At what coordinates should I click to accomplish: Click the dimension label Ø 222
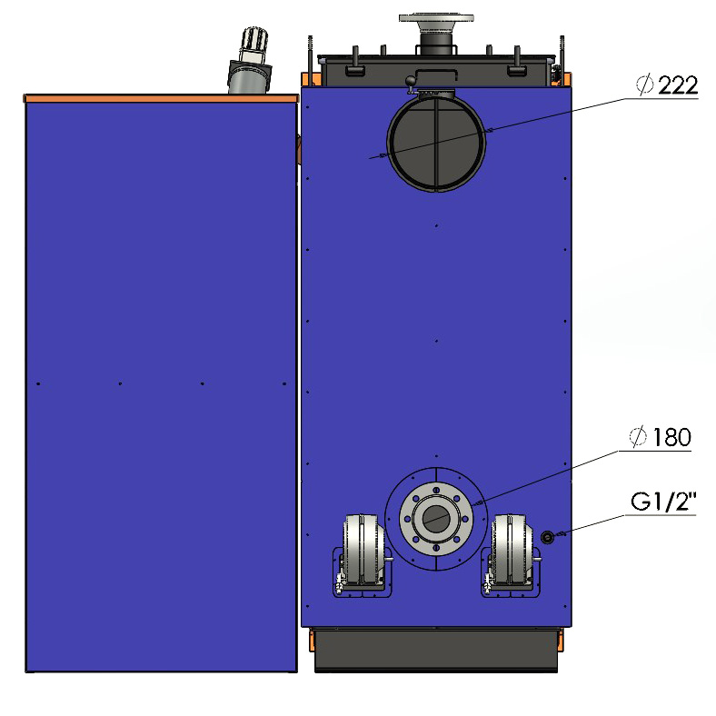(x=667, y=85)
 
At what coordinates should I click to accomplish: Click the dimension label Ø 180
(x=661, y=437)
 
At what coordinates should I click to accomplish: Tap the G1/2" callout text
(x=663, y=502)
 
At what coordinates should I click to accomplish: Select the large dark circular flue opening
(x=436, y=143)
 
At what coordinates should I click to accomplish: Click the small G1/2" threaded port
(x=548, y=537)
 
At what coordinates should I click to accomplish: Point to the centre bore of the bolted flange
(x=436, y=519)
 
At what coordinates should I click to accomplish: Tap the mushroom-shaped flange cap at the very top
(x=436, y=18)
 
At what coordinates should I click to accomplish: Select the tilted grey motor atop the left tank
(x=250, y=61)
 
